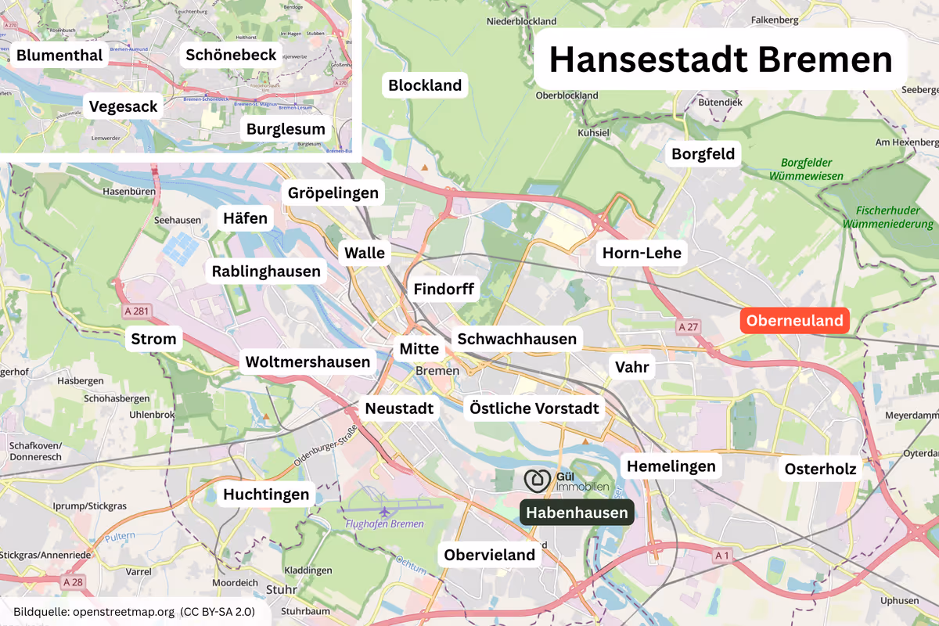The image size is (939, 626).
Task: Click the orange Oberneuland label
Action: pos(795,320)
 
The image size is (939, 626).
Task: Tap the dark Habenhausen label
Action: pos(577,513)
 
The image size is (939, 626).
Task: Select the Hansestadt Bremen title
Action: pos(720,60)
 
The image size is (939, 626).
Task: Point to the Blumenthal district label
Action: pos(59,55)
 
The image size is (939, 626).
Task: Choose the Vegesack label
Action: pos(124,106)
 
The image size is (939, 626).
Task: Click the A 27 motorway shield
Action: pos(688,326)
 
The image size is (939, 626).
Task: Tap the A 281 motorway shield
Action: pos(136,311)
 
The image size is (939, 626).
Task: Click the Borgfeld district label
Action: pos(703,153)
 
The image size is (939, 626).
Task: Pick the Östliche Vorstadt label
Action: pos(534,408)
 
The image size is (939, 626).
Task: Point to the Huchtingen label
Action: pos(267,494)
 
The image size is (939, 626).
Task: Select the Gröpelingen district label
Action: pos(333,192)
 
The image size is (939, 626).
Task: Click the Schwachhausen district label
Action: pos(516,339)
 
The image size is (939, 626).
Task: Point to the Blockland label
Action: pos(425,85)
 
